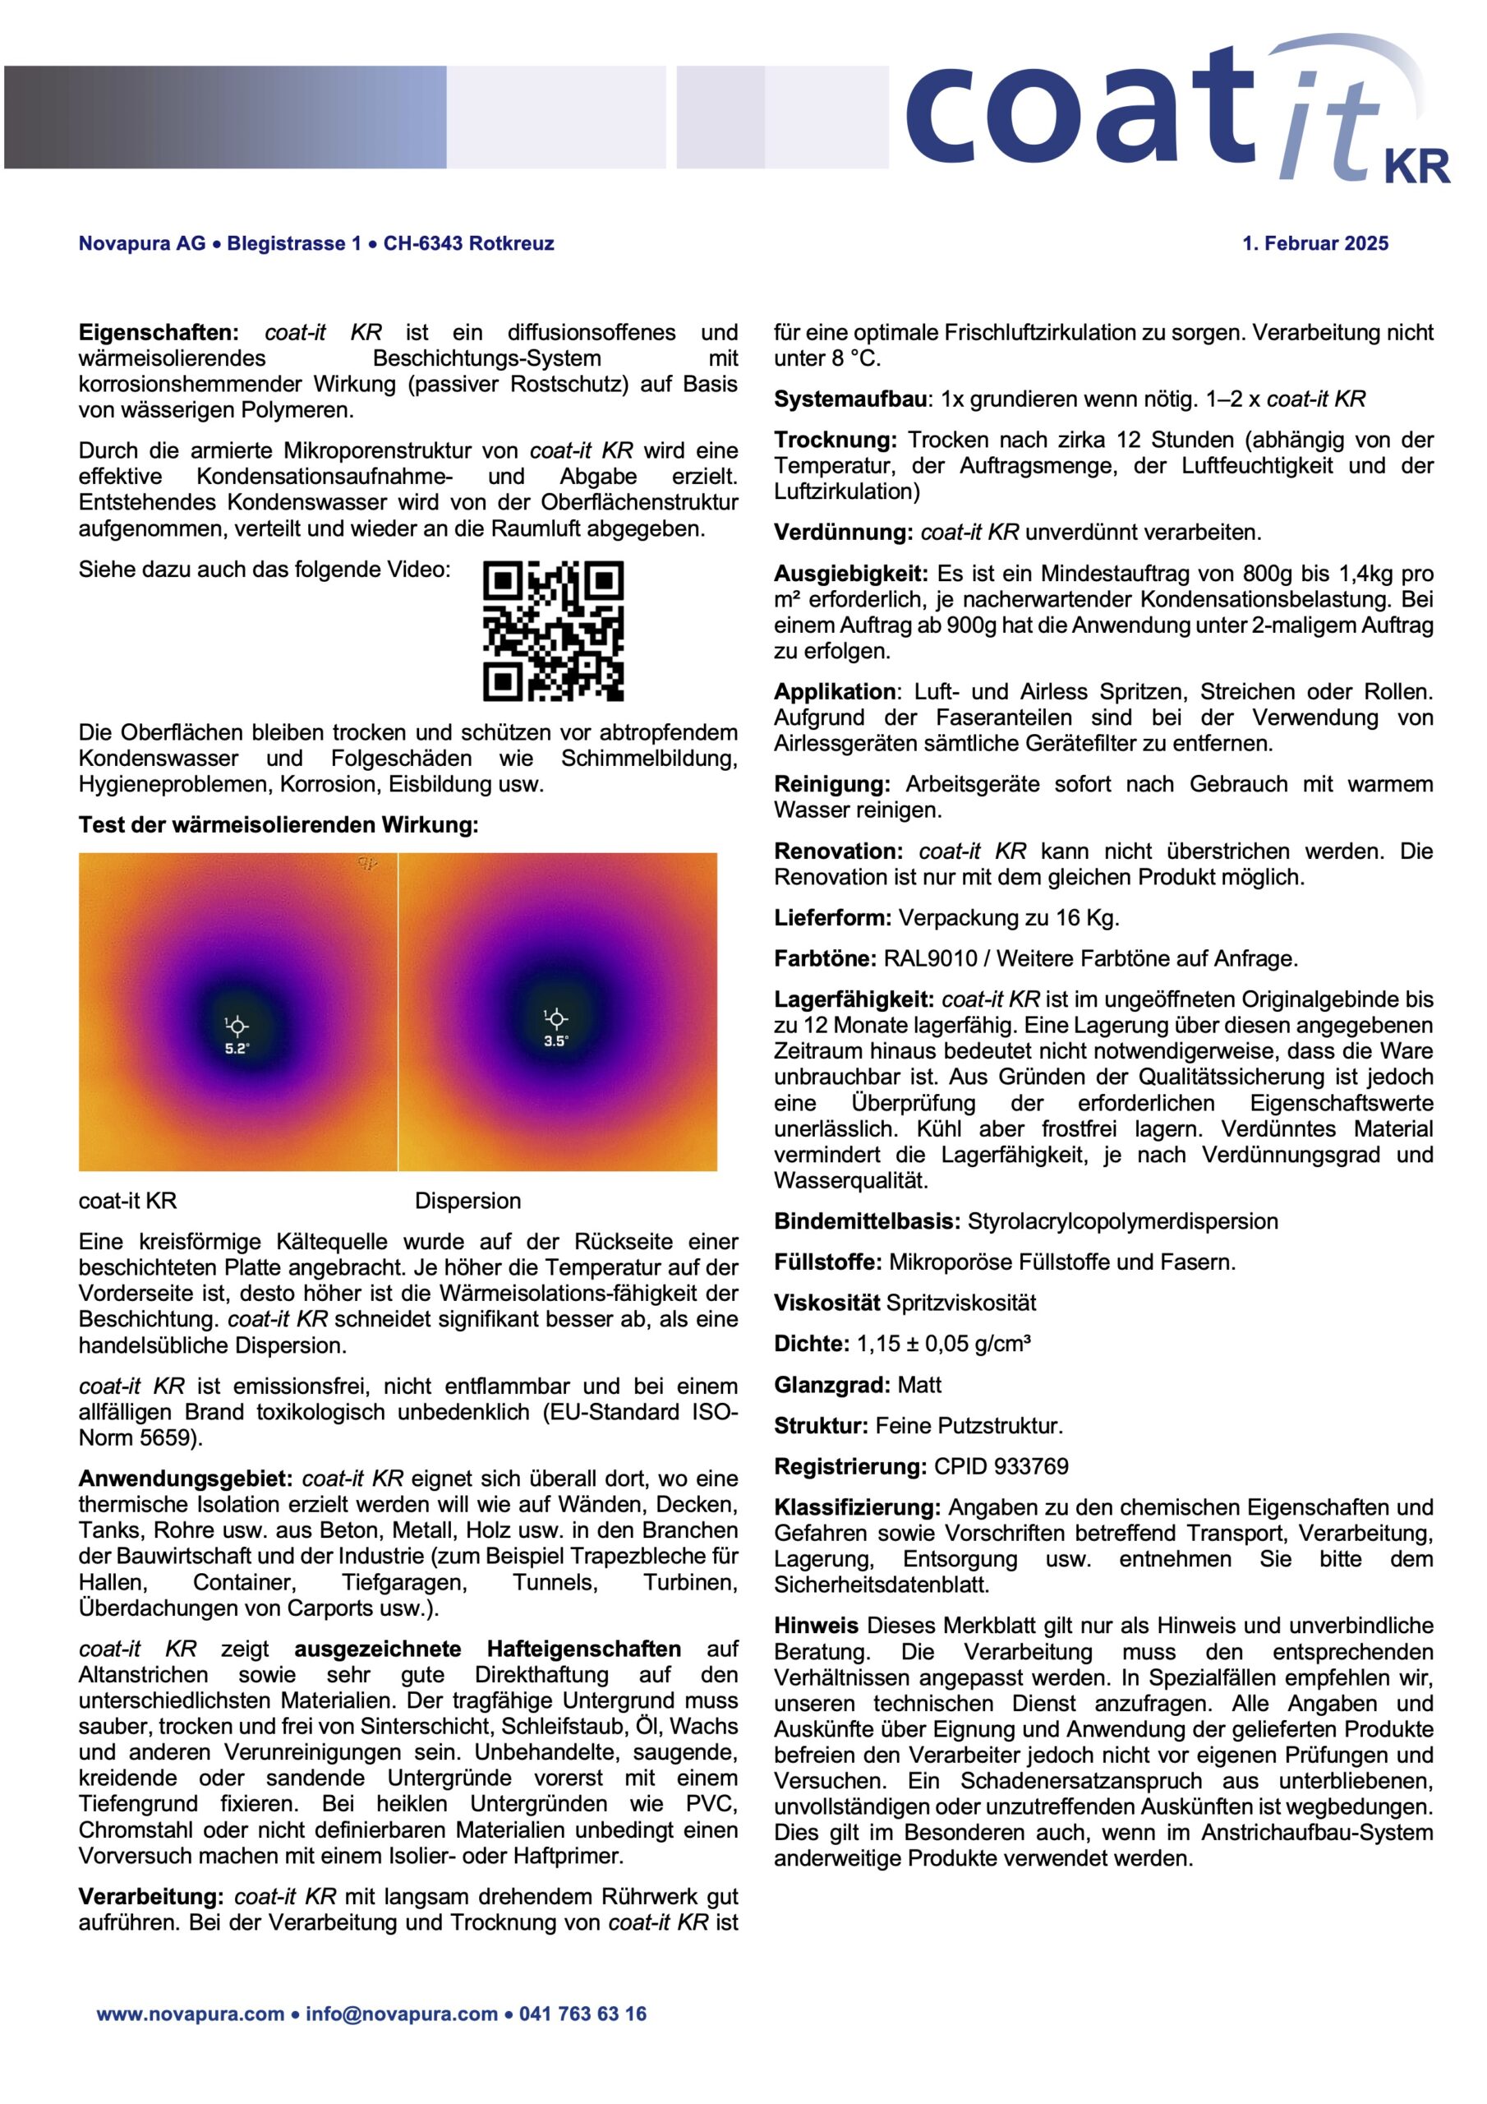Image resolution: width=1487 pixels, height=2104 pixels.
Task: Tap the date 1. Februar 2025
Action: pos(1314,244)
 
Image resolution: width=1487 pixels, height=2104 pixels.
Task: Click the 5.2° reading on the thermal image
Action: pos(237,1049)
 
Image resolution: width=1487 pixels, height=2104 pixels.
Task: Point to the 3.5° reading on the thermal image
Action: pos(555,1041)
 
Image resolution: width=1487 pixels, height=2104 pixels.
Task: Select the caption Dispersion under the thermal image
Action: pos(467,1201)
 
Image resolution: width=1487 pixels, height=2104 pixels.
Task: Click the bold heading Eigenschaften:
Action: pos(159,333)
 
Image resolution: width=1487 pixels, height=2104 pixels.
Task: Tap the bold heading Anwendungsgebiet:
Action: pos(185,1479)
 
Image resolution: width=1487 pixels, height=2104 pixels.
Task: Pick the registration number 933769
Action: pos(1031,1466)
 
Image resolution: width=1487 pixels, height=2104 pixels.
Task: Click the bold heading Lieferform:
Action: pos(832,917)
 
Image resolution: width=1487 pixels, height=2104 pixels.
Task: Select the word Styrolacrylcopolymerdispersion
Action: pos(1122,1221)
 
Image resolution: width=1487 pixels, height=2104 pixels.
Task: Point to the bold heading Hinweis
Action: pos(816,1626)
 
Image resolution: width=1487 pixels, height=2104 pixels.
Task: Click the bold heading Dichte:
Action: pos(811,1344)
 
